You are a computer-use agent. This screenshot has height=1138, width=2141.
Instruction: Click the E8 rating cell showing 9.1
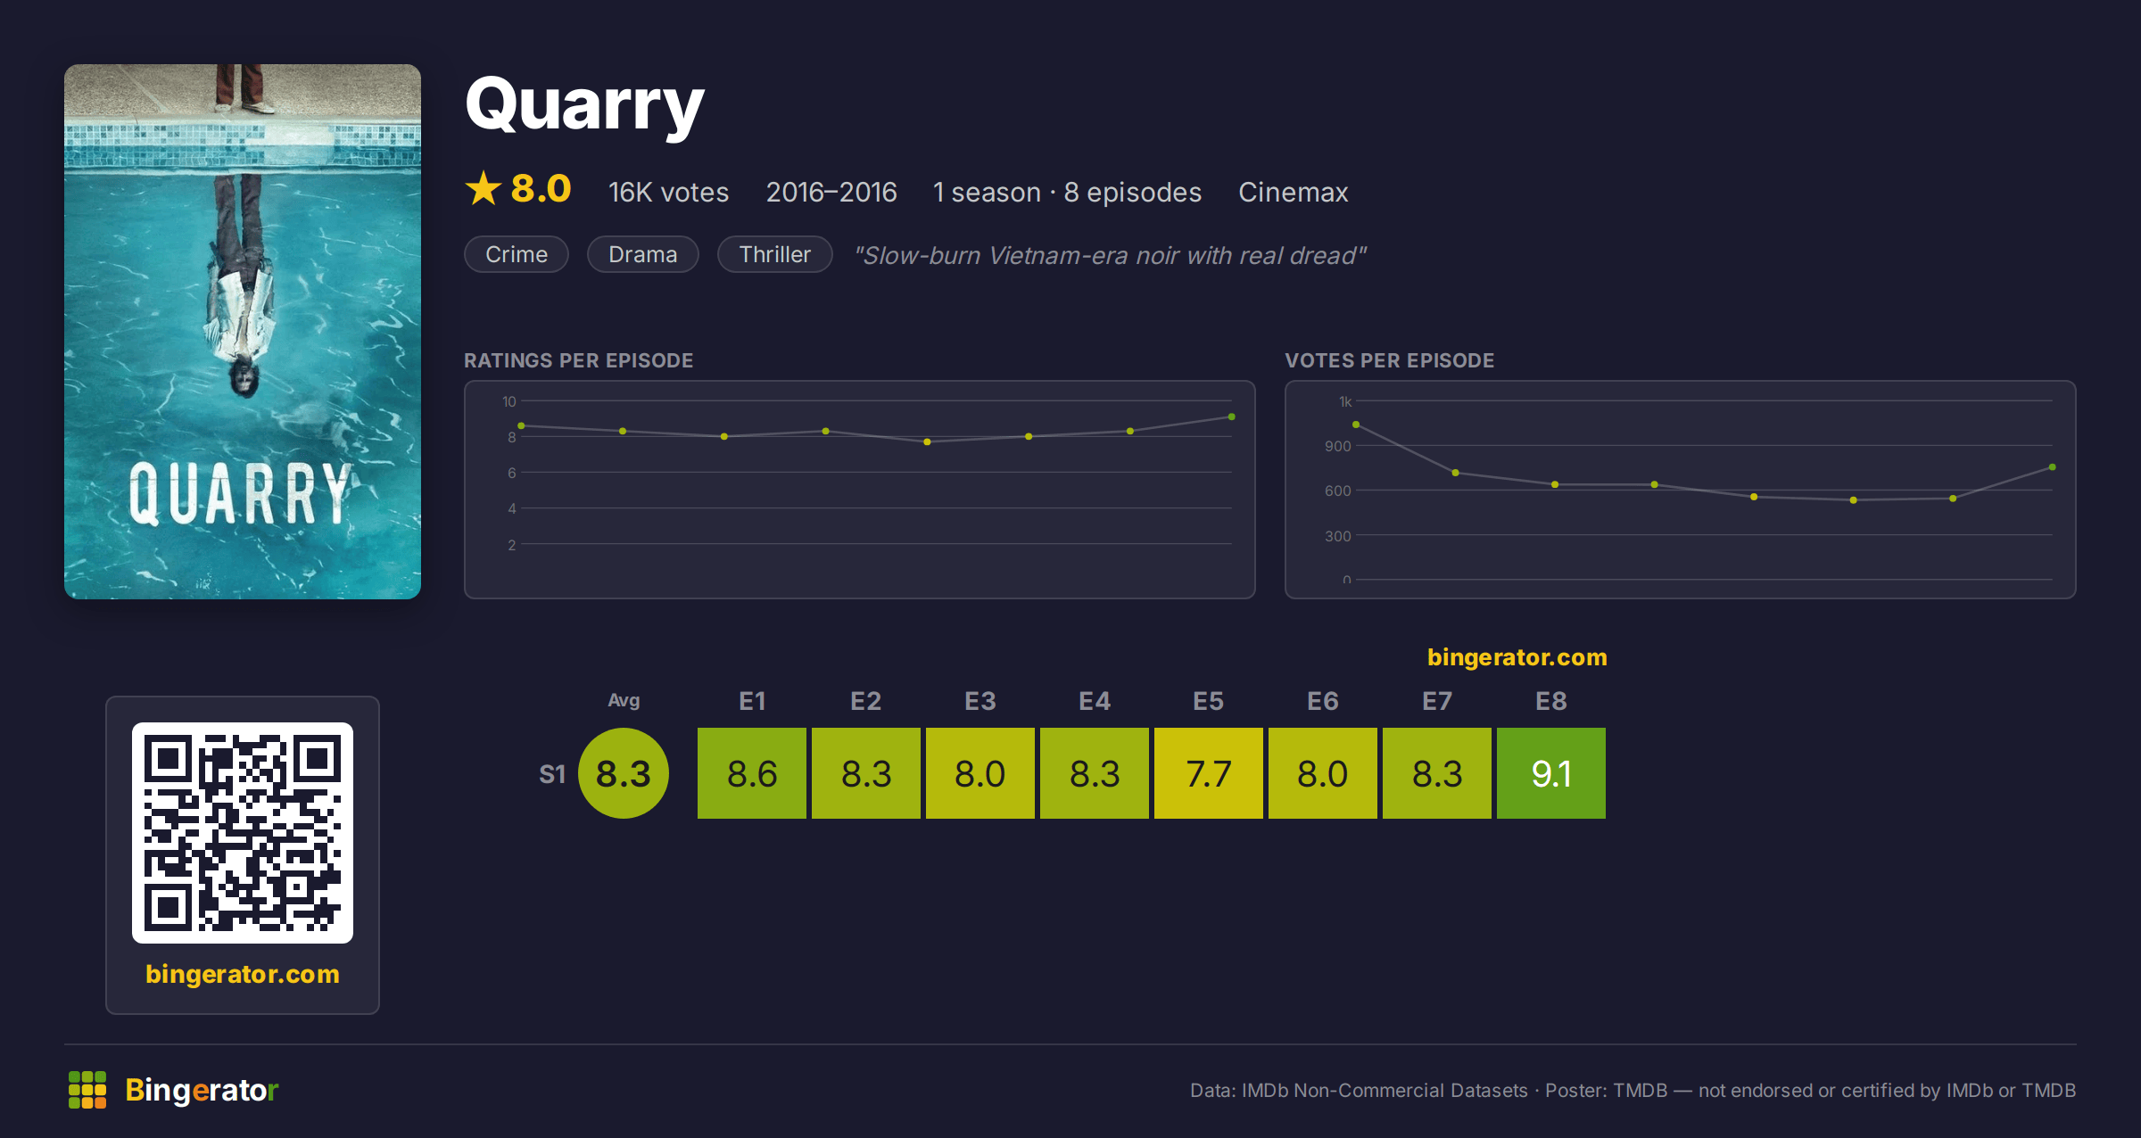tap(1550, 773)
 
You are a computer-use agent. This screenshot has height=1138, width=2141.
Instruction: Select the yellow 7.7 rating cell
tap(1208, 773)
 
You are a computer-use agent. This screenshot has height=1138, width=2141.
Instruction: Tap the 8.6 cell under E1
tap(751, 773)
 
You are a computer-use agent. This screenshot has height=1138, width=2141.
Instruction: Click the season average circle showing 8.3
tap(624, 773)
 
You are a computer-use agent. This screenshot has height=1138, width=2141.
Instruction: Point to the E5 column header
tap(1208, 701)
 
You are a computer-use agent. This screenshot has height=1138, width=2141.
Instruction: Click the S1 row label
tap(552, 774)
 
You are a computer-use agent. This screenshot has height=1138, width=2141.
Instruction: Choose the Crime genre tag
tap(517, 254)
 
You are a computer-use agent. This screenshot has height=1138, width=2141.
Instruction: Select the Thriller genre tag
tap(774, 254)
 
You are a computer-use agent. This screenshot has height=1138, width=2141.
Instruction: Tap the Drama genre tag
tap(642, 254)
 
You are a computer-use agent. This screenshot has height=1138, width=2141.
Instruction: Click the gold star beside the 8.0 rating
tap(484, 188)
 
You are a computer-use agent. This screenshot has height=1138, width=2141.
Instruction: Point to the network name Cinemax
tap(1293, 192)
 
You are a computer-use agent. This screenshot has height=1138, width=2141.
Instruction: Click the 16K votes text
tap(668, 192)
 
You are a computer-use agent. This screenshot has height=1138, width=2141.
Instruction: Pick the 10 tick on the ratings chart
tap(508, 401)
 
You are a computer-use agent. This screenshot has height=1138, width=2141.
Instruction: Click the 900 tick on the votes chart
tap(1337, 446)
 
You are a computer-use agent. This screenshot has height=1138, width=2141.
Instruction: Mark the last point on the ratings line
tap(1231, 416)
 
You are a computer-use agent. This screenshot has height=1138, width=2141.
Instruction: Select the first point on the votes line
tap(1356, 425)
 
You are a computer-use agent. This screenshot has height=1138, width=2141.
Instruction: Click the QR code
tap(243, 833)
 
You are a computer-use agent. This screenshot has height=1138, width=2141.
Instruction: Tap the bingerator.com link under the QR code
tap(243, 974)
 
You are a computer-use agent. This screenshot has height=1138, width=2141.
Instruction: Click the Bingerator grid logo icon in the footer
tap(87, 1090)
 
